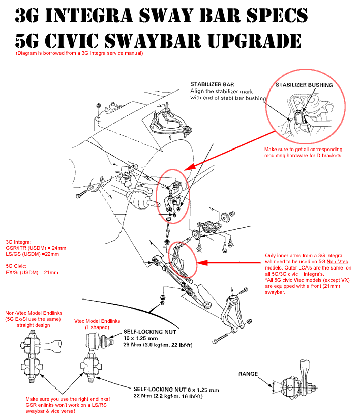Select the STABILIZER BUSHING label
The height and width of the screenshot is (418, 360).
(304, 85)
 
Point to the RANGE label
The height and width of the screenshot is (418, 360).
(248, 374)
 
